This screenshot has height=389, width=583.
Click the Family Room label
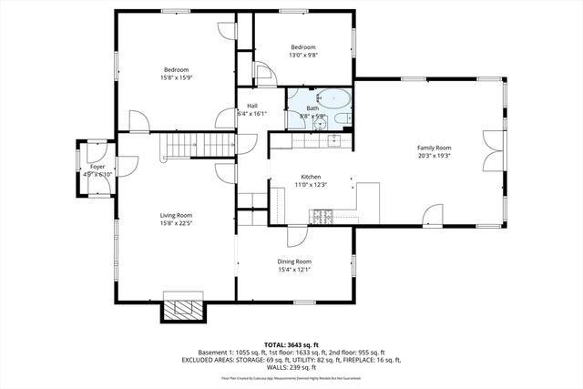tap(435, 148)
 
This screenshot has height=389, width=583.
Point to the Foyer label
tap(97, 168)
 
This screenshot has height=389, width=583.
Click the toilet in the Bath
tap(339, 117)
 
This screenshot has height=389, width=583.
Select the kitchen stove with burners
tap(323, 216)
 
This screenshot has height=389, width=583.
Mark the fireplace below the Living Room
tap(185, 310)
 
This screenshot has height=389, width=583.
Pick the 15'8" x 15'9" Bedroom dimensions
tap(176, 77)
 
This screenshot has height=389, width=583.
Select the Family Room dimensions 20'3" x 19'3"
tap(435, 156)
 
